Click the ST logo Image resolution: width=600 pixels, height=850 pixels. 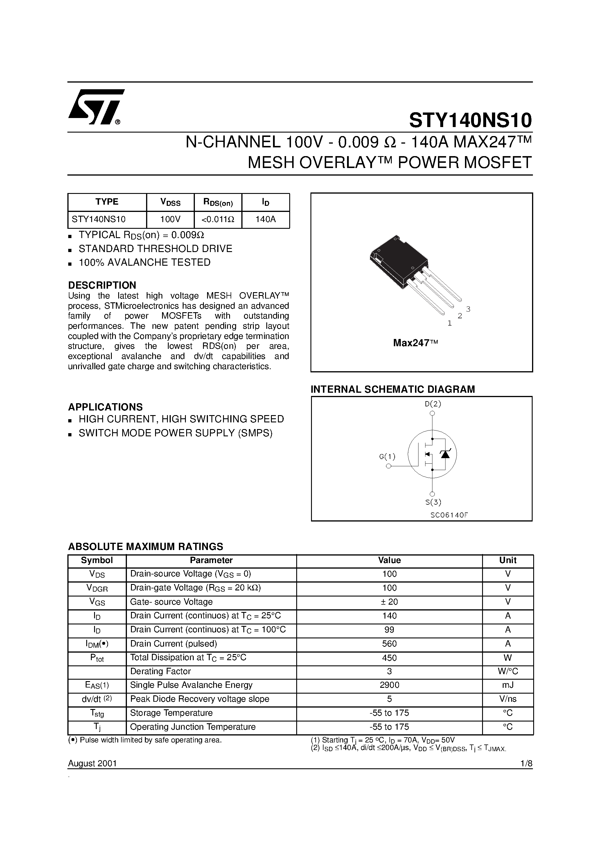pyautogui.click(x=96, y=107)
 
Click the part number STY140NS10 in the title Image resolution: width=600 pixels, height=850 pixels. pyautogui.click(x=470, y=120)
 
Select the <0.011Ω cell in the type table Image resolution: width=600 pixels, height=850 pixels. pyautogui.click(x=218, y=219)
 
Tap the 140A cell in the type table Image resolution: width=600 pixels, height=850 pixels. pyautogui.click(x=266, y=219)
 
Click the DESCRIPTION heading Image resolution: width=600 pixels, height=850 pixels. pyautogui.click(x=102, y=285)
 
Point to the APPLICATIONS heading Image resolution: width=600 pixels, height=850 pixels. pyautogui.click(x=105, y=407)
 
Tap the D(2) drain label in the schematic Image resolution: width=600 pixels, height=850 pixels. pyautogui.click(x=432, y=403)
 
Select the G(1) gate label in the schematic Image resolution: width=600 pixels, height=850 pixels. pyautogui.click(x=387, y=456)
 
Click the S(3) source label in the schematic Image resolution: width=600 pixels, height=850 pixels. pyautogui.click(x=433, y=502)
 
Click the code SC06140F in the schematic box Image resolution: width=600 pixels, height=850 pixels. pyautogui.click(x=449, y=515)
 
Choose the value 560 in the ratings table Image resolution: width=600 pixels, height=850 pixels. pyautogui.click(x=389, y=644)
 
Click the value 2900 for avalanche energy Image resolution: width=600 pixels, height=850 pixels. pyautogui.click(x=389, y=685)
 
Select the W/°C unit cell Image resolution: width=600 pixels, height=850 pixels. pyautogui.click(x=508, y=671)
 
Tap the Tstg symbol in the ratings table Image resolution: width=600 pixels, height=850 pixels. pyautogui.click(x=97, y=713)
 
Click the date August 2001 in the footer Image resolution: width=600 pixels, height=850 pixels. pyautogui.click(x=92, y=763)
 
